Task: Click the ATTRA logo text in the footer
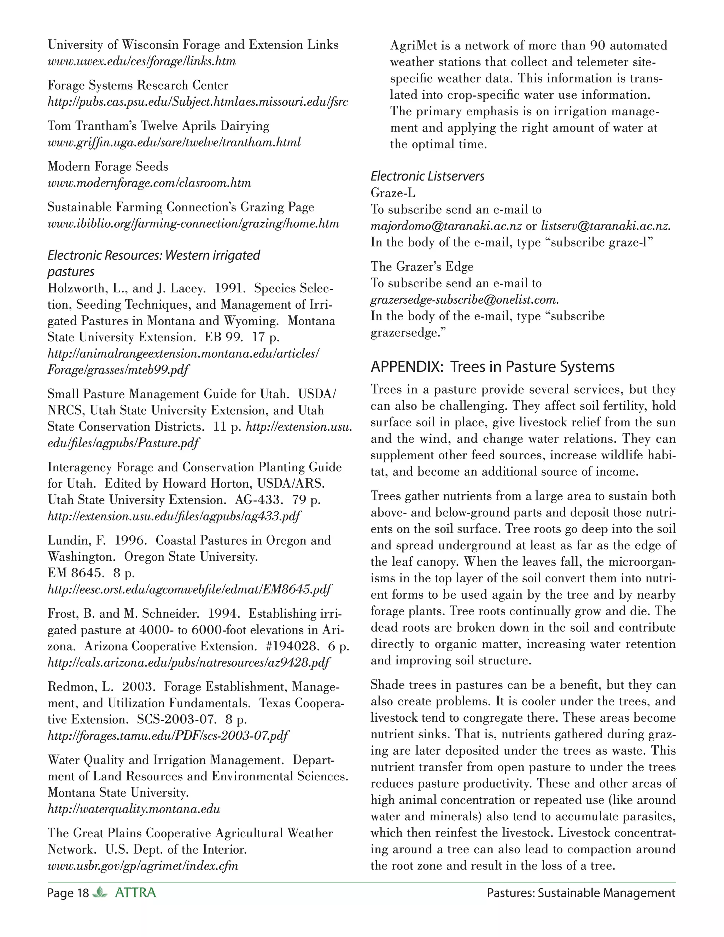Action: click(x=135, y=893)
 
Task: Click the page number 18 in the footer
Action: click(x=82, y=893)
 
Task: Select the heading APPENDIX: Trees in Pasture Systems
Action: click(x=492, y=367)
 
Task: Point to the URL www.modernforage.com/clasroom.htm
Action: click(x=149, y=183)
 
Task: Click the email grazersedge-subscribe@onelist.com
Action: click(x=465, y=299)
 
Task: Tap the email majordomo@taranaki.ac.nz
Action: click(x=446, y=226)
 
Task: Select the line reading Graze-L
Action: click(x=393, y=193)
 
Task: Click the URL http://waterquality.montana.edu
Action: click(x=134, y=809)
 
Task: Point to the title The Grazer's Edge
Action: click(x=422, y=267)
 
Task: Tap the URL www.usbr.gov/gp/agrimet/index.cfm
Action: click(x=143, y=866)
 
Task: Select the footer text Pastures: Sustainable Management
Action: click(x=581, y=893)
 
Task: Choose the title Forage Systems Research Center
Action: click(x=138, y=85)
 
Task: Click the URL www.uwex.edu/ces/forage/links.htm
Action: click(x=141, y=62)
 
